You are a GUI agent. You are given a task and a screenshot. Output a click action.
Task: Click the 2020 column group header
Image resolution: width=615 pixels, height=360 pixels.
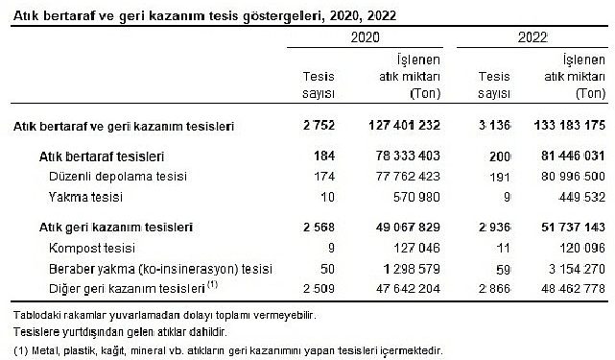tap(366, 37)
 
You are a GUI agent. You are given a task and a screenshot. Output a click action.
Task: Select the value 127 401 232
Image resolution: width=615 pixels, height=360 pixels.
tap(399, 126)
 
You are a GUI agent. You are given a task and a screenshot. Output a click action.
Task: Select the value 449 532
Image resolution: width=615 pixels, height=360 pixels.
tap(578, 197)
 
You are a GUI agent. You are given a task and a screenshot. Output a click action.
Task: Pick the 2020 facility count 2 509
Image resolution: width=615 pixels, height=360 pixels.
tap(316, 287)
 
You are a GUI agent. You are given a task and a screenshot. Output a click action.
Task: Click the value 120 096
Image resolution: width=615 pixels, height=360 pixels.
tap(578, 248)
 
